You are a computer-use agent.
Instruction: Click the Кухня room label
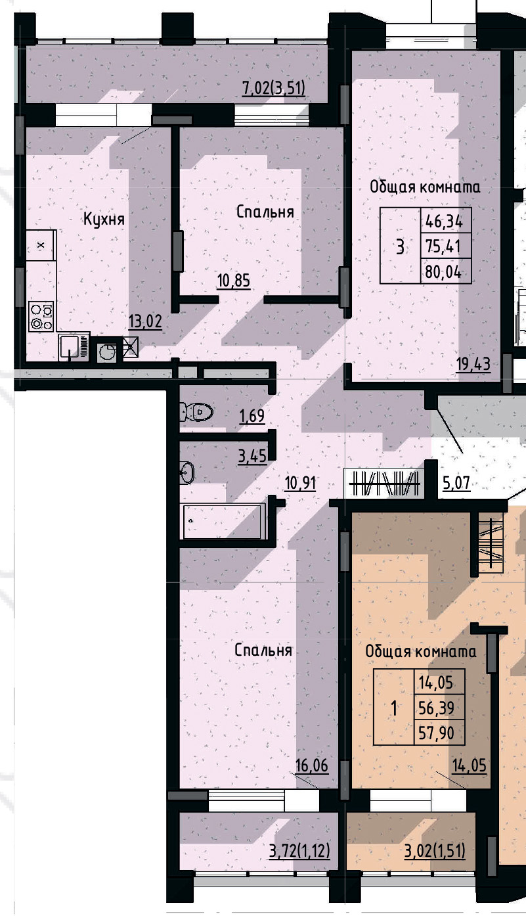click(104, 219)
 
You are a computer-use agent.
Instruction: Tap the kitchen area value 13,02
click(145, 321)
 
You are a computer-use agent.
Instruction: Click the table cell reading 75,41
click(444, 246)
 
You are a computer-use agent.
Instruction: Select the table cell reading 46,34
click(444, 221)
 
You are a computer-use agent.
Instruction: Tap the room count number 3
click(400, 246)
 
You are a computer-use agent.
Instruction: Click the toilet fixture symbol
click(197, 412)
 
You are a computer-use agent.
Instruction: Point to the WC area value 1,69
click(252, 416)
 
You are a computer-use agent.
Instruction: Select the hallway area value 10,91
click(301, 484)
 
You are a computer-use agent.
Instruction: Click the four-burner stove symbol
click(41, 316)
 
